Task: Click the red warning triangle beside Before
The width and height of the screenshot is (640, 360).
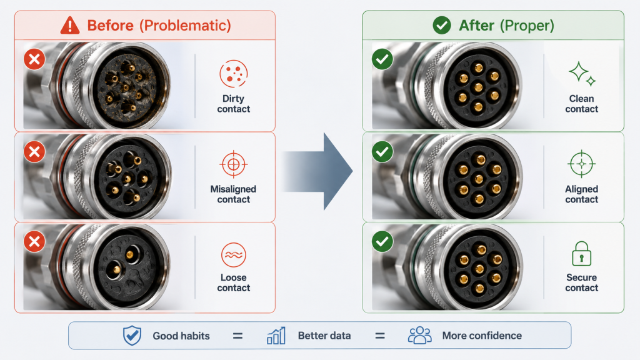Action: (x=70, y=25)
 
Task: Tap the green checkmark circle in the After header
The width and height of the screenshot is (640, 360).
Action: (x=442, y=25)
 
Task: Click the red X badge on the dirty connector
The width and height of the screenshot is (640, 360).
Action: (x=34, y=59)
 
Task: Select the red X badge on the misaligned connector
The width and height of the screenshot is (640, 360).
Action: (x=34, y=152)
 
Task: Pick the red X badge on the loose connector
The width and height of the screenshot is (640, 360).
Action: (x=34, y=241)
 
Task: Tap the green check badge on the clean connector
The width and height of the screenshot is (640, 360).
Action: (x=382, y=59)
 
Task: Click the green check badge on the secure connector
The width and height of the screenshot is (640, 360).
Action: (x=382, y=241)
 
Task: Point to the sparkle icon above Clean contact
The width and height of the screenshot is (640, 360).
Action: (x=582, y=74)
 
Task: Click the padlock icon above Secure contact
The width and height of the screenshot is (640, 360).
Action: (x=582, y=254)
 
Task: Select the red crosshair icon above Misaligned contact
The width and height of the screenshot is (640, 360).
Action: (x=234, y=164)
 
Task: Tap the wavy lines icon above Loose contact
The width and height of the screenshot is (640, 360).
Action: (x=234, y=255)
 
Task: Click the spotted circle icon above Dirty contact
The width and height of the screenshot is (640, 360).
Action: (x=234, y=74)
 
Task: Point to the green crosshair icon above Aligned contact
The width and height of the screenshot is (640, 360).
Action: (x=582, y=164)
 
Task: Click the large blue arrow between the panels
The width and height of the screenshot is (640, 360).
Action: (x=318, y=171)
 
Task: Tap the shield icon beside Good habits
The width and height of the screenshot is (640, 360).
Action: (x=132, y=336)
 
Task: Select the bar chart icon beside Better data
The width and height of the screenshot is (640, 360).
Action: (x=276, y=336)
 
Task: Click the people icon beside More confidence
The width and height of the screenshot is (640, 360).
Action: (x=419, y=336)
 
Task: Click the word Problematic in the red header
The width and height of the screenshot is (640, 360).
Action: (x=185, y=26)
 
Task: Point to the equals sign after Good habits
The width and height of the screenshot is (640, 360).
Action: (x=237, y=336)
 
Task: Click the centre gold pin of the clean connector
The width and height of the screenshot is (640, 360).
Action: (x=478, y=86)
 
